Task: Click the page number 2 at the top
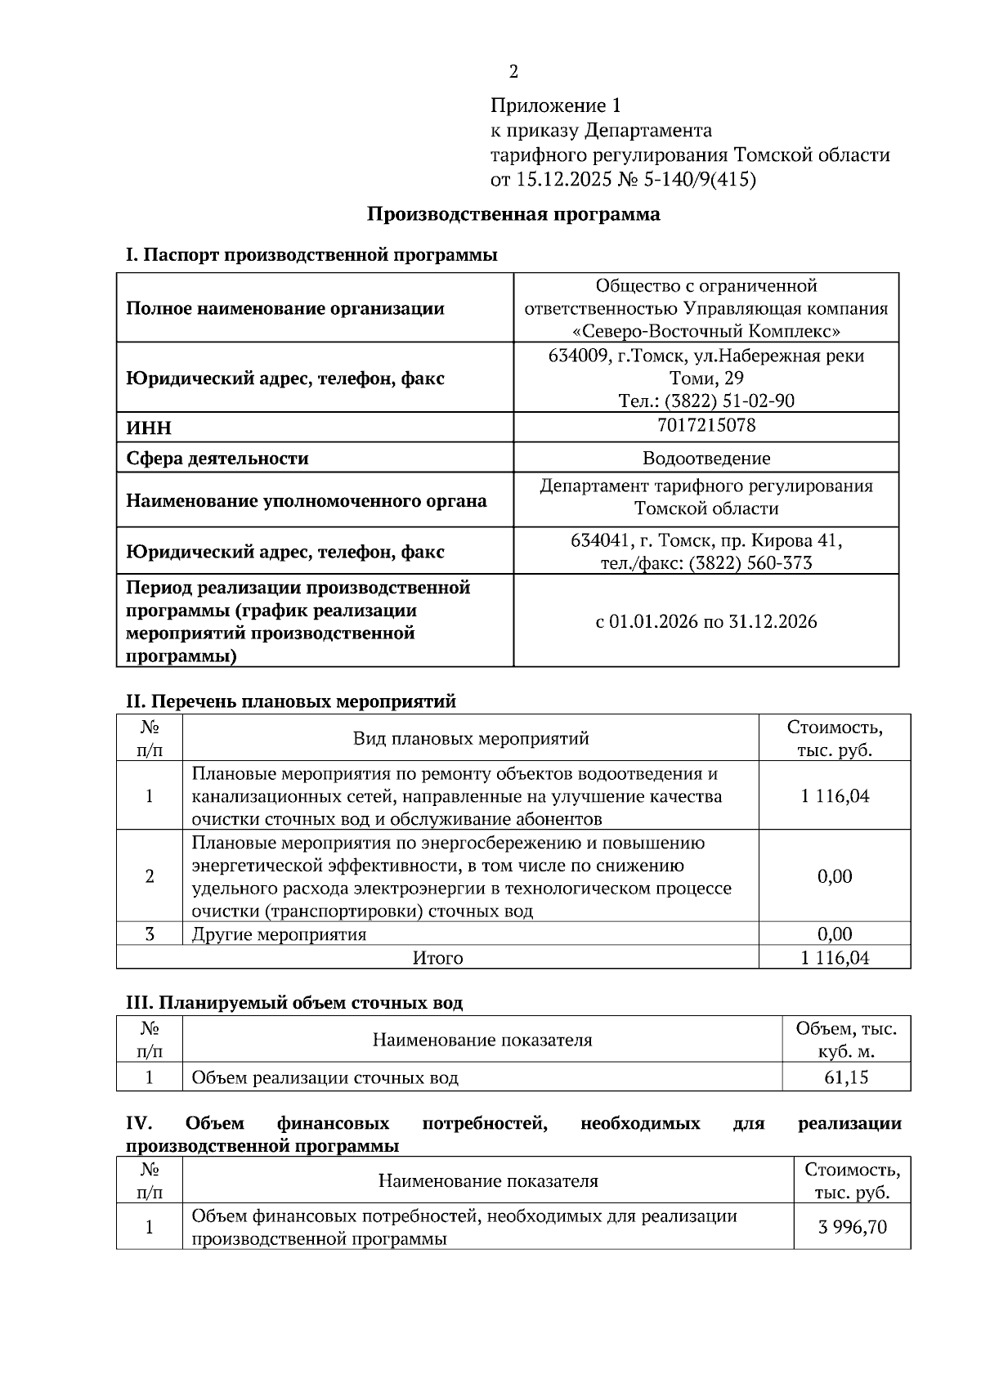tap(513, 72)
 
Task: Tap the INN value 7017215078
tap(706, 425)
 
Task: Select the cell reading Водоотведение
tap(706, 459)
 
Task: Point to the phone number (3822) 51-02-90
tap(729, 401)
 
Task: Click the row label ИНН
tap(149, 428)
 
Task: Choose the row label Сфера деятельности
tap(217, 459)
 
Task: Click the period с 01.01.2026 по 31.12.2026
tap(706, 621)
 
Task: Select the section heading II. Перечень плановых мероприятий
tap(290, 701)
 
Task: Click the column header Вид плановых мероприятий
tap(471, 739)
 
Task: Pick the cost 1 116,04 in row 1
tap(835, 796)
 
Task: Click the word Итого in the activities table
tap(437, 958)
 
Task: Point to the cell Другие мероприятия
tap(279, 934)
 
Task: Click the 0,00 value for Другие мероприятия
tap(835, 934)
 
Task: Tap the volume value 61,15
tap(846, 1077)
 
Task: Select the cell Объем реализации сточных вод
tap(325, 1077)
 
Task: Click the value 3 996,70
tap(852, 1227)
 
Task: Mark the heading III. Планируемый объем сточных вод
tap(293, 1002)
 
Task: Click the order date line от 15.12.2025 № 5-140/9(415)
tap(623, 179)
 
